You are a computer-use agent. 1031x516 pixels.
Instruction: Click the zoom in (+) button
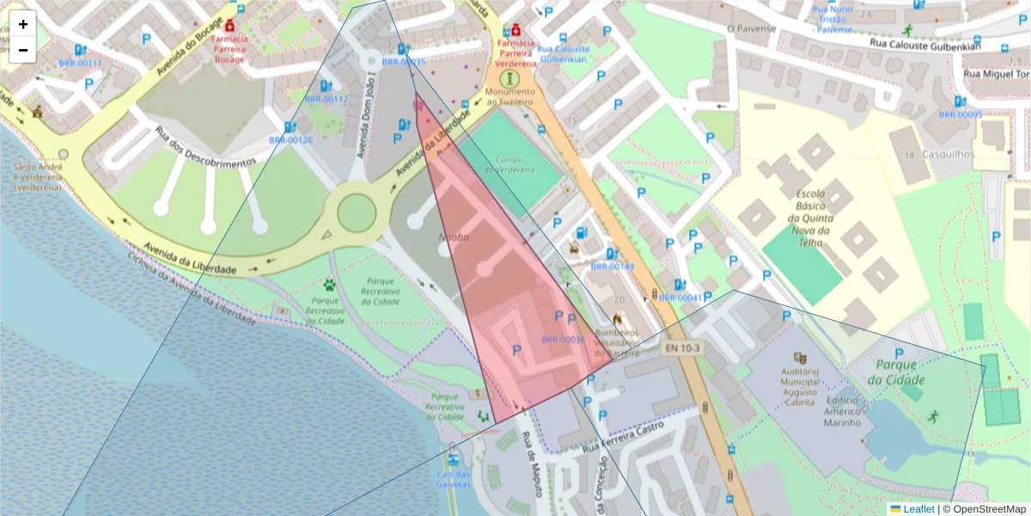click(x=23, y=24)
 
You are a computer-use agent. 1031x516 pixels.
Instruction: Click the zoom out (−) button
click(x=23, y=49)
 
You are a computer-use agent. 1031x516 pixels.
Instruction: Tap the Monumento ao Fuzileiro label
click(x=510, y=96)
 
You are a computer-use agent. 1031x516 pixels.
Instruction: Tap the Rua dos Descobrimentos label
click(x=205, y=147)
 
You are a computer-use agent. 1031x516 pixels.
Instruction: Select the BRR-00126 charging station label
click(x=290, y=139)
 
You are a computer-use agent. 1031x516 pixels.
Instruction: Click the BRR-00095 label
click(x=960, y=114)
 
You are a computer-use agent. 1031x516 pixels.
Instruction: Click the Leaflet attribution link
click(x=918, y=509)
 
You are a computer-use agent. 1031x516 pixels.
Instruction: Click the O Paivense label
click(x=751, y=28)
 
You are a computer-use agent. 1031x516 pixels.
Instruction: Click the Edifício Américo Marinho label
click(x=843, y=411)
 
